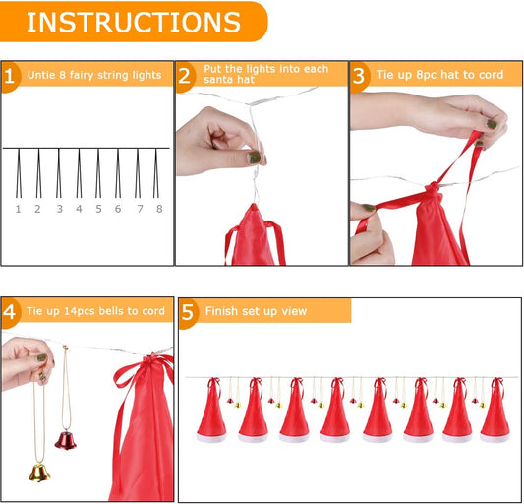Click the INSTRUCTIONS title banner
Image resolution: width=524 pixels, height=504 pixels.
133,22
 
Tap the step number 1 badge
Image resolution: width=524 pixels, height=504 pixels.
11,76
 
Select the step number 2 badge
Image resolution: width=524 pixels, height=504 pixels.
186,76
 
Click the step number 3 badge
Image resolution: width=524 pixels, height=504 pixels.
360,76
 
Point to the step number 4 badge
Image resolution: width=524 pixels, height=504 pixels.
11,312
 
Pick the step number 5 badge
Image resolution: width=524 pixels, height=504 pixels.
188,312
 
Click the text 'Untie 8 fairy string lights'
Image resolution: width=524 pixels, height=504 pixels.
93,76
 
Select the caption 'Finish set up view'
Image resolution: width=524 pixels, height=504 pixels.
256,312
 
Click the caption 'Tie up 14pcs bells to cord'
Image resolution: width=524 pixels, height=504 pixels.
97,312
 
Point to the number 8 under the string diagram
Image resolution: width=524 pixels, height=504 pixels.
158,209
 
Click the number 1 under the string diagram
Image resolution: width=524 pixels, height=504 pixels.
18,209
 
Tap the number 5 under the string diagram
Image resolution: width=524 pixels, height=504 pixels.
97,209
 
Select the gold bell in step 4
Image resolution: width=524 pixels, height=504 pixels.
38,472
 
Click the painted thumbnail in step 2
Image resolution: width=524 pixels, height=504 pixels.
254,157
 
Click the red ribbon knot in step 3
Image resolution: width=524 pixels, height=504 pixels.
433,189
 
